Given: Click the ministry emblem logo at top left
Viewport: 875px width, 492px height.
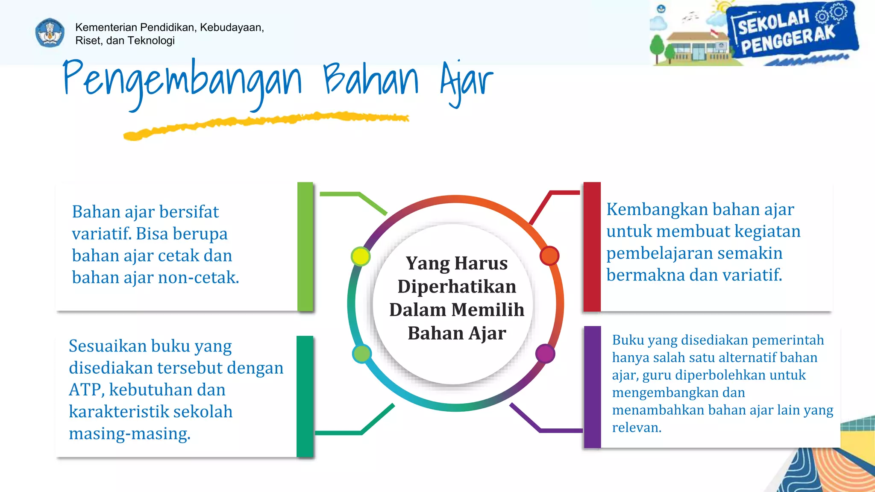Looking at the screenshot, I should (x=50, y=33).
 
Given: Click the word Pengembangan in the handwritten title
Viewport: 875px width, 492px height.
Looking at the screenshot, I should (x=182, y=81).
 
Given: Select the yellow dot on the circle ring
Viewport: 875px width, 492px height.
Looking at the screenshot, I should (x=360, y=256).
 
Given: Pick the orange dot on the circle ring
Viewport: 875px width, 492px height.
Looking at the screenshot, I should (x=549, y=256).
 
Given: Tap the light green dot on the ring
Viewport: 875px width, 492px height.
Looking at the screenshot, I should (x=362, y=354).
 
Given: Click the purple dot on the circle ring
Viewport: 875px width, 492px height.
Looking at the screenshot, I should (x=545, y=354).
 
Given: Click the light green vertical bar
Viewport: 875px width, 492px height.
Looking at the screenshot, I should (x=305, y=246).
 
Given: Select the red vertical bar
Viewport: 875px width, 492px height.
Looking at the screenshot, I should (x=592, y=246).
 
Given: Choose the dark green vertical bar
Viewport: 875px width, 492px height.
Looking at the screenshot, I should (x=305, y=396).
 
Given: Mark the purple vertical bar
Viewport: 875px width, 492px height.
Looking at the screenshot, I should (x=592, y=387).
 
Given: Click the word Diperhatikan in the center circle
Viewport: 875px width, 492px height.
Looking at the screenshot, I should (x=457, y=287).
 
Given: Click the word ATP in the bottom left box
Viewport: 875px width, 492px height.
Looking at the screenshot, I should (x=85, y=390).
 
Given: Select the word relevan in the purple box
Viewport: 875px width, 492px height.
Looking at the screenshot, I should (x=636, y=428).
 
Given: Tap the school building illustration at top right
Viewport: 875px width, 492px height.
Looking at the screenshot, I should (x=694, y=47).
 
